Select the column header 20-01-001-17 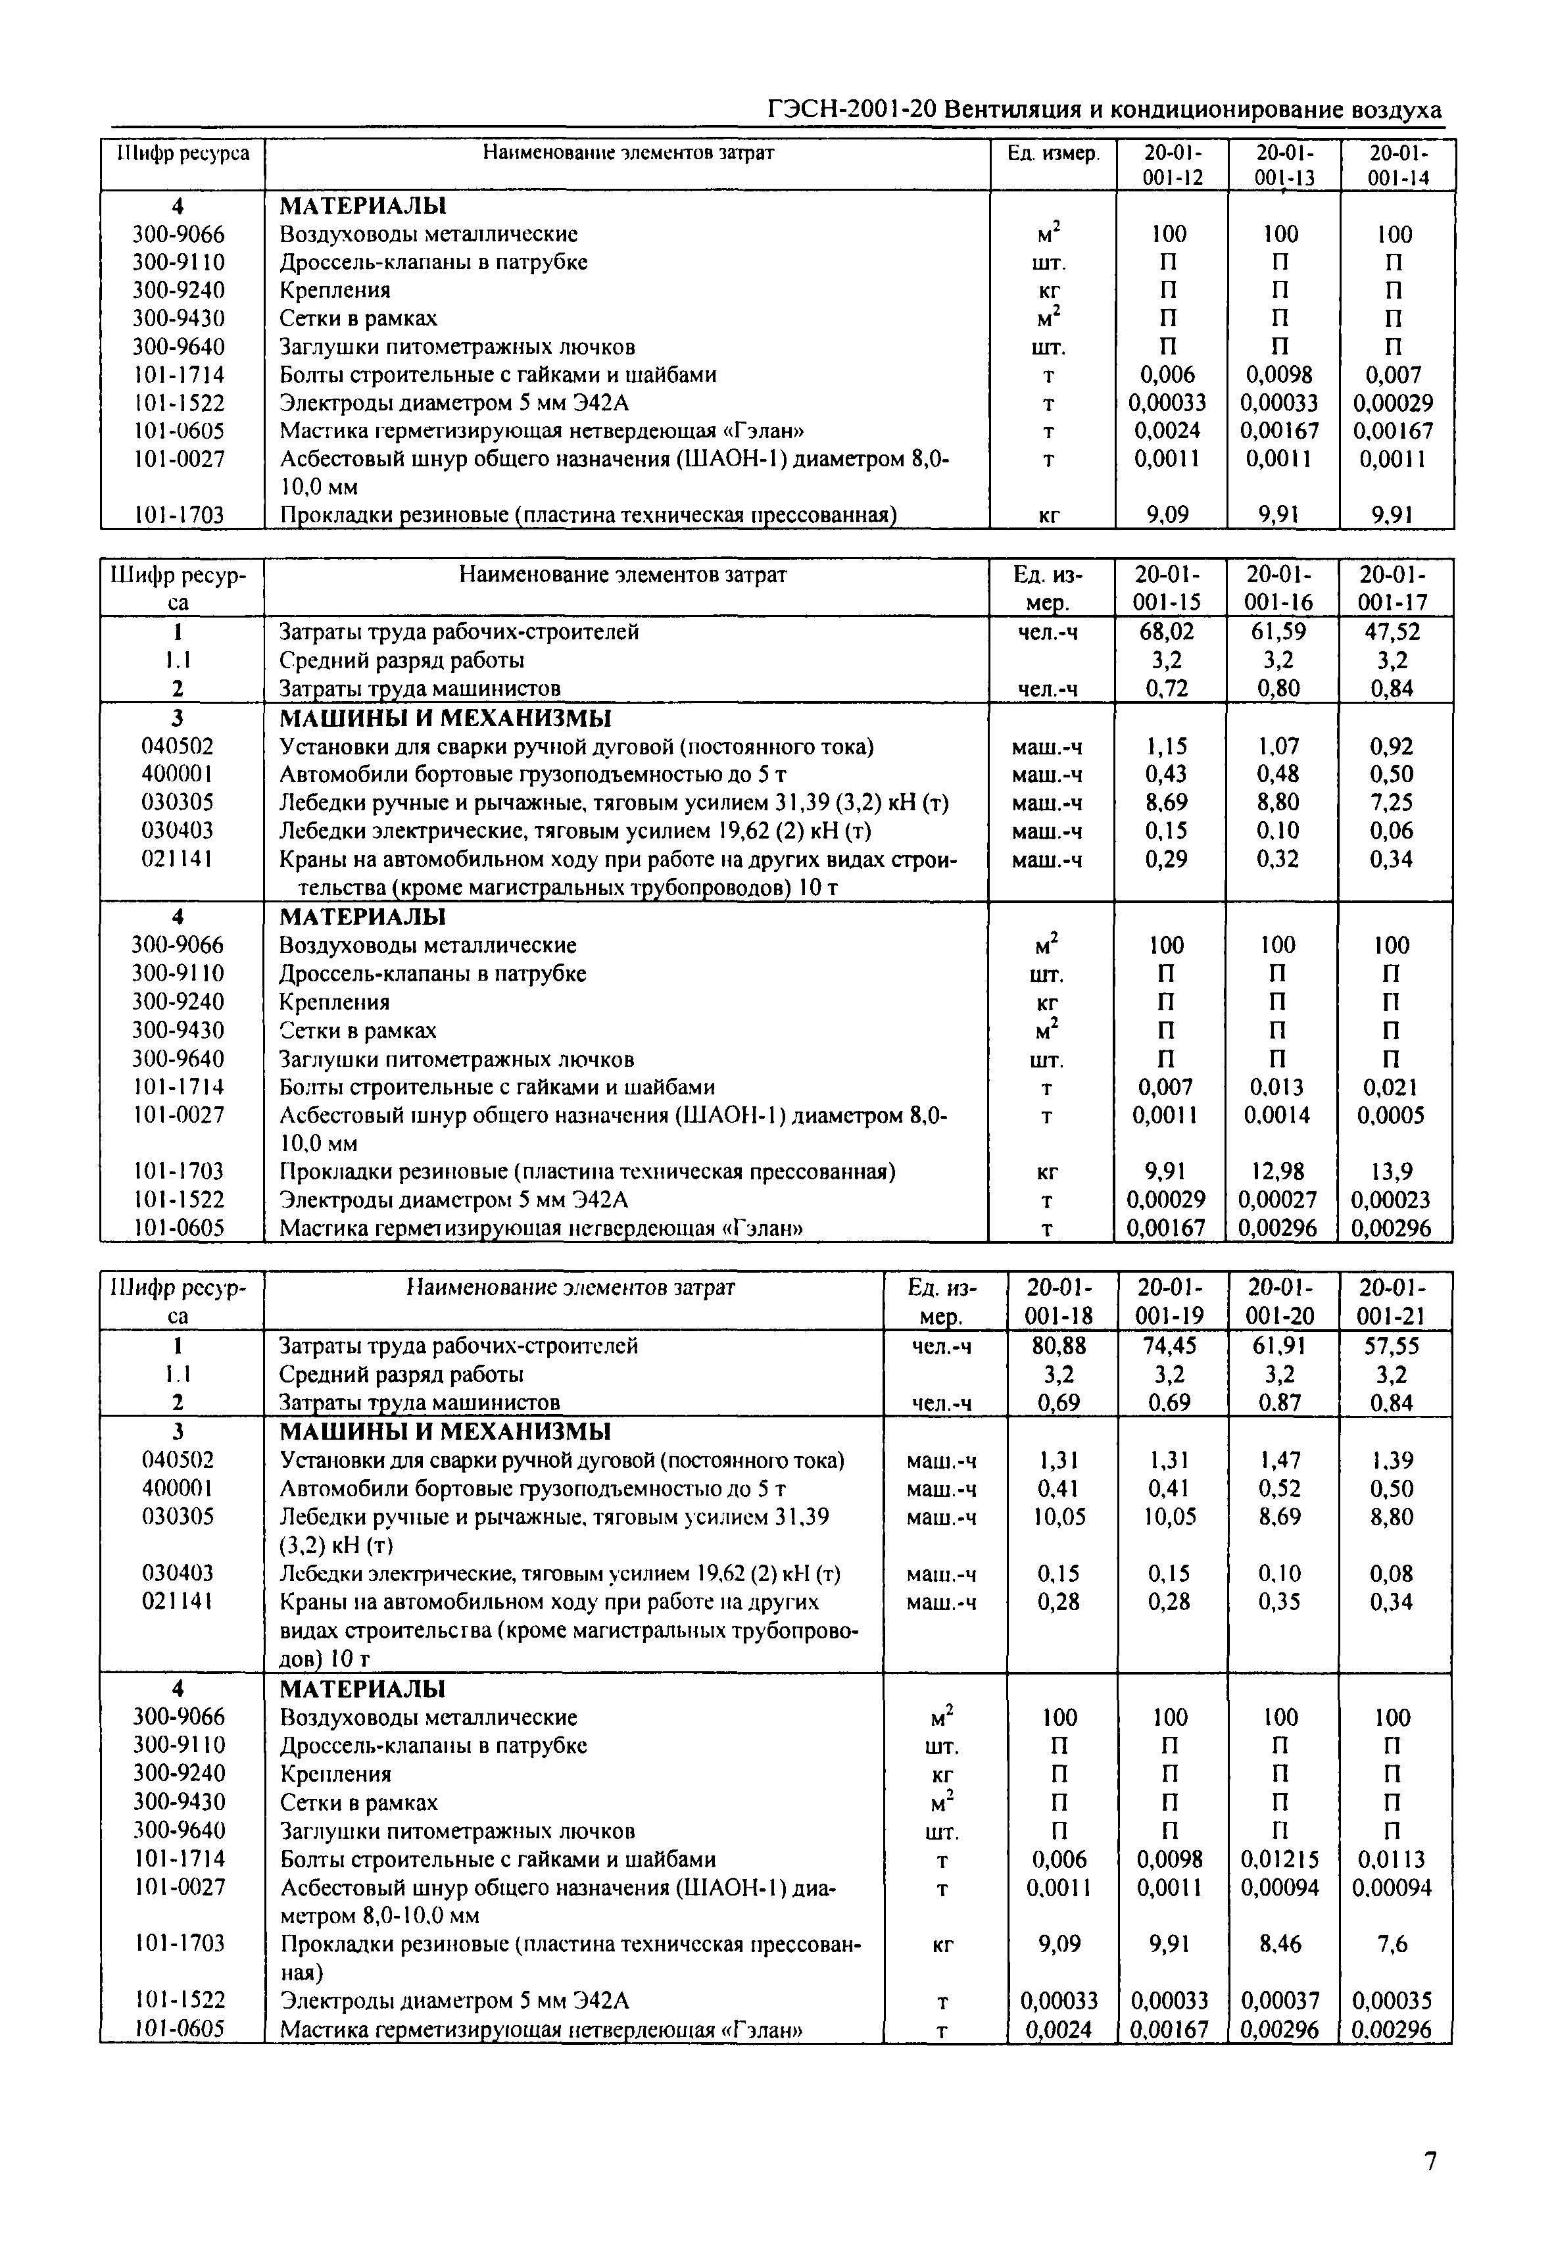click(1396, 588)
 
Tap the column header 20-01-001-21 click(1396, 1302)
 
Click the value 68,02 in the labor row click(1167, 632)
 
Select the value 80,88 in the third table click(1059, 1346)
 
